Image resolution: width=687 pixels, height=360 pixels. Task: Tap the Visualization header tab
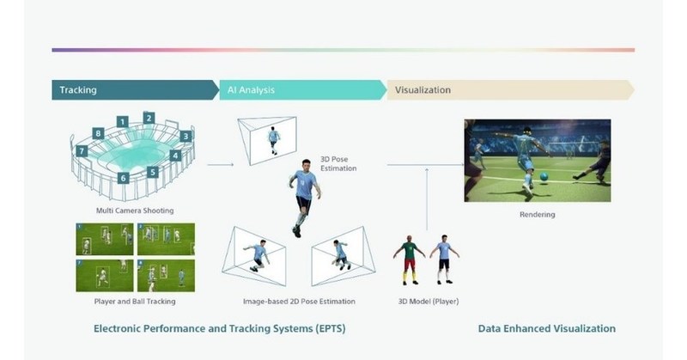[422, 89]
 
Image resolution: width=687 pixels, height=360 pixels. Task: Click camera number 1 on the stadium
[123, 121]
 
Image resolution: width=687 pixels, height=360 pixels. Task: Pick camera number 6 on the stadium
[124, 178]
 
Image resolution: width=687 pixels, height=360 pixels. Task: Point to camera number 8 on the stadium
[99, 133]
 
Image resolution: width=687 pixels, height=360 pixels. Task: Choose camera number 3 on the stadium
[186, 136]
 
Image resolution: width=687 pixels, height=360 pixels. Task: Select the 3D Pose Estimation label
[338, 163]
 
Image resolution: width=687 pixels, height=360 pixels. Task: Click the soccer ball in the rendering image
[544, 176]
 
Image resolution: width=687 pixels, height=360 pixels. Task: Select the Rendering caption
[538, 215]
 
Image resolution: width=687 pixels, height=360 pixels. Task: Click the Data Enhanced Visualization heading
[546, 329]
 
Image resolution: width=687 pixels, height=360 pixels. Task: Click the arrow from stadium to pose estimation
[220, 163]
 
